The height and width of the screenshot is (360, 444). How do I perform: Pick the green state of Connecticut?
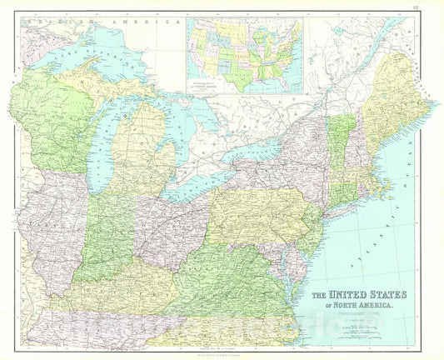point(342,194)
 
